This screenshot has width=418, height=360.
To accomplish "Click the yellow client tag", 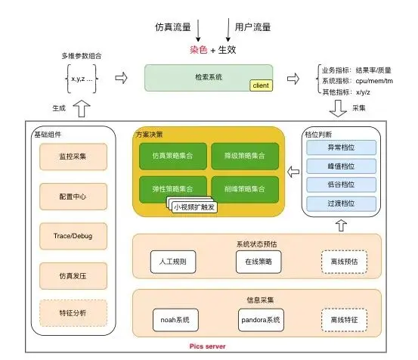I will [x=259, y=85].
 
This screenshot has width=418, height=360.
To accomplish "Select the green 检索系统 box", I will [x=206, y=77].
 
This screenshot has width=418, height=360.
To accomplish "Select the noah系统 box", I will [x=173, y=321].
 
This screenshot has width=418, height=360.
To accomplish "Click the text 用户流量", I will [x=253, y=27].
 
